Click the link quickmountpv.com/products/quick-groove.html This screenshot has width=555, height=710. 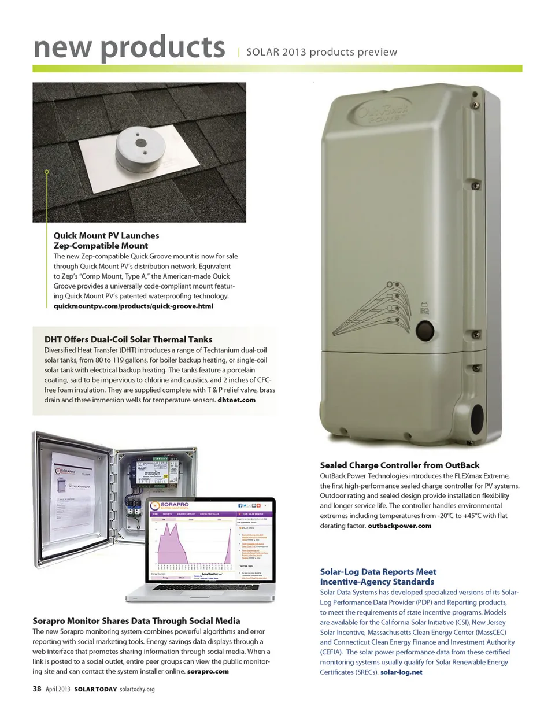pos(134,306)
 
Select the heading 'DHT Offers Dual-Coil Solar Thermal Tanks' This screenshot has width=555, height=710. pos(128,339)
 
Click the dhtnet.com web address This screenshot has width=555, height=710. pos(236,400)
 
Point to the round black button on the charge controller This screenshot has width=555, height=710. pos(424,331)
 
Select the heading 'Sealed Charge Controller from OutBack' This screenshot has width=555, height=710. pos(399,465)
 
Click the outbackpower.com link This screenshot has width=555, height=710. pos(399,526)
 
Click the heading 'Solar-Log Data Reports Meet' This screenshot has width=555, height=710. pos(378,572)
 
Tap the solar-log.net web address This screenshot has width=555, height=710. pos(401,672)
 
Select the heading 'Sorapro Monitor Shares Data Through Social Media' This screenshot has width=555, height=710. pos(136,621)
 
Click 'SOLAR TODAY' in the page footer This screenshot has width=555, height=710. pos(96,689)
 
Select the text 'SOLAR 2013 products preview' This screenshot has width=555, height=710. pos(322,52)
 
